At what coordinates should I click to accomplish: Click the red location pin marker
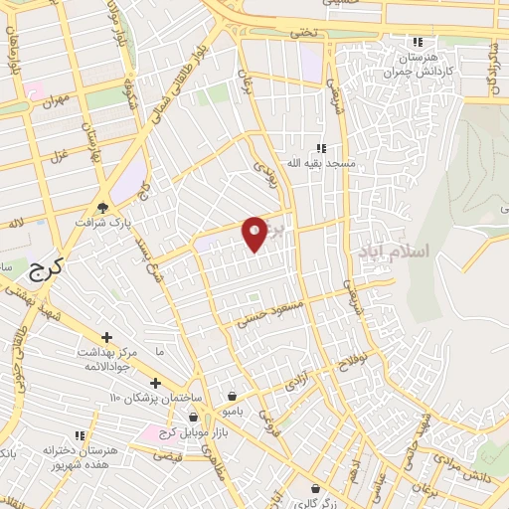click(x=254, y=233)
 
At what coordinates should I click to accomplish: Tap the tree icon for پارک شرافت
click(x=102, y=208)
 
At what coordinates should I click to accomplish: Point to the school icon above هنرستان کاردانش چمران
click(x=419, y=43)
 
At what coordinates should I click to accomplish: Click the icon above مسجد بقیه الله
click(x=320, y=147)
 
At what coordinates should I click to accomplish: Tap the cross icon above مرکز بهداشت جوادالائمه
click(x=107, y=338)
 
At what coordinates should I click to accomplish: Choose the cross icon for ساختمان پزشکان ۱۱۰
click(x=154, y=383)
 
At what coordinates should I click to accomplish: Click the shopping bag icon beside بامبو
click(x=232, y=396)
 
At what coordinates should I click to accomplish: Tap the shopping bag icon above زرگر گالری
click(x=316, y=489)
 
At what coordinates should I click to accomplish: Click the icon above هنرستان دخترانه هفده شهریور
click(x=79, y=436)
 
